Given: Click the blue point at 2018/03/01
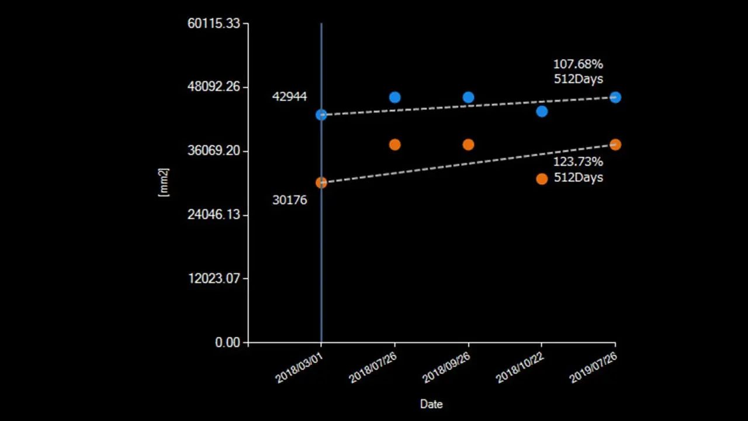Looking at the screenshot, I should tap(321, 115).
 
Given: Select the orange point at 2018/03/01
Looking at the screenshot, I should tap(321, 182).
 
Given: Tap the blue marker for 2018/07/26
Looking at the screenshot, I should tap(394, 97).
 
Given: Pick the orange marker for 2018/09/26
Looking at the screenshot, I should tap(468, 144).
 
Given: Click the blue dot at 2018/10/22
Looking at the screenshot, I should tap(542, 111).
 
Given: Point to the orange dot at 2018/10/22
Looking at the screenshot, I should tap(542, 178).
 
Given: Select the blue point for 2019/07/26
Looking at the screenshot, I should tap(615, 97).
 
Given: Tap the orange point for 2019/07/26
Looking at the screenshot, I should tap(615, 144).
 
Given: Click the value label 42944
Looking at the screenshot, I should tap(289, 96).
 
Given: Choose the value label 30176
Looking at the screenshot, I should tap(289, 200).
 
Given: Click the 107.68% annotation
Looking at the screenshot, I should tap(578, 64).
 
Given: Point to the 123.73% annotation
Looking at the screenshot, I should tap(578, 162).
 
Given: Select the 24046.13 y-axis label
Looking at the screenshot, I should tap(213, 215).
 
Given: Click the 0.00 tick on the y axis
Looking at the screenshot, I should tap(228, 342).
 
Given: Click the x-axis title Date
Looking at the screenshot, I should tap(431, 404).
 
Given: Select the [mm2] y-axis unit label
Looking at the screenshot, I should tap(164, 182).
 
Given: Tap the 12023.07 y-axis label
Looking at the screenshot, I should tap(213, 278).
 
